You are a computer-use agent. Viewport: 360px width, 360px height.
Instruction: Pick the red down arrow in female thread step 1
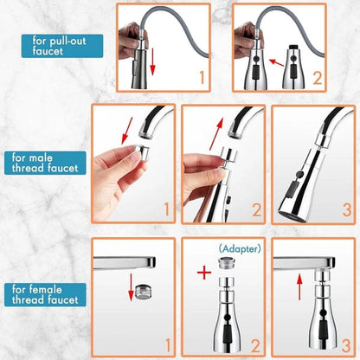(132, 284)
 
